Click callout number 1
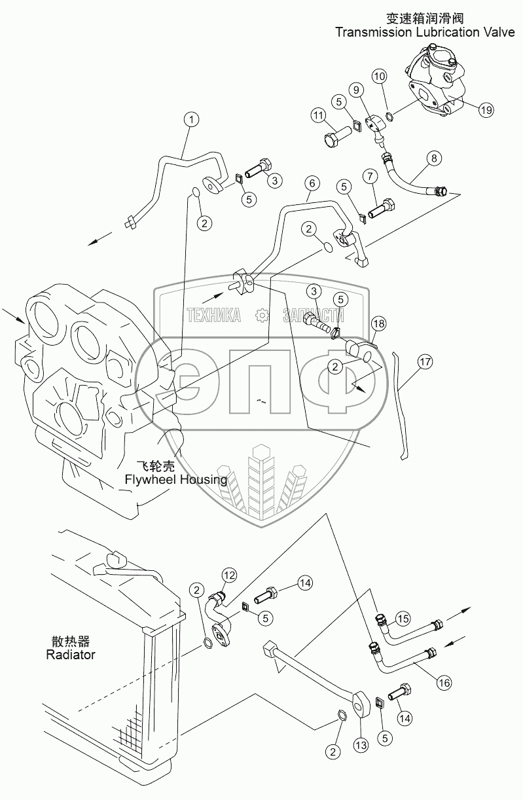pyautogui.click(x=192, y=119)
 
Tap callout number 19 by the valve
pyautogui.click(x=486, y=110)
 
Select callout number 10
pyautogui.click(x=380, y=77)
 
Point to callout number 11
pyautogui.click(x=318, y=115)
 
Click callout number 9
pyautogui.click(x=356, y=90)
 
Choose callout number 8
pyautogui.click(x=434, y=158)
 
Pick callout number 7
pyautogui.click(x=370, y=176)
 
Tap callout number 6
pyautogui.click(x=312, y=183)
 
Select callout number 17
pyautogui.click(x=425, y=362)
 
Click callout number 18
pyautogui.click(x=378, y=324)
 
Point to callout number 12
pyautogui.click(x=229, y=575)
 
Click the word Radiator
pyautogui.click(x=71, y=655)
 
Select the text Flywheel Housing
pyautogui.click(x=175, y=480)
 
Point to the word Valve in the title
pyautogui.click(x=499, y=32)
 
